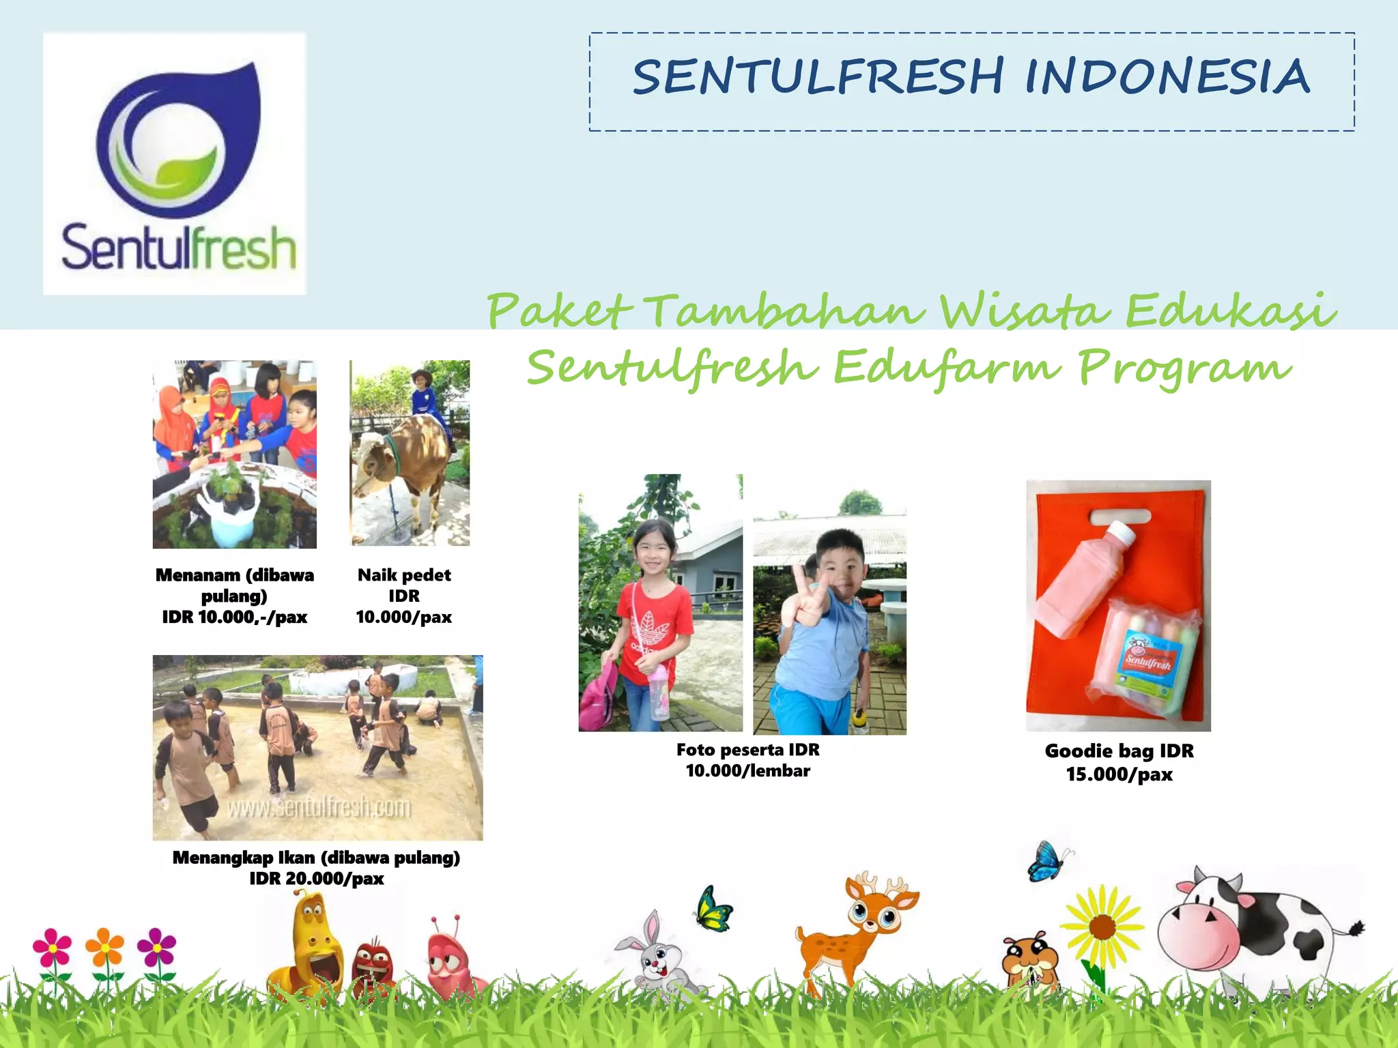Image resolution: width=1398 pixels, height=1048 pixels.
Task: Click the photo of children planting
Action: point(234,454)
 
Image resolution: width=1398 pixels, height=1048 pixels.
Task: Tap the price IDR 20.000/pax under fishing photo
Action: point(316,879)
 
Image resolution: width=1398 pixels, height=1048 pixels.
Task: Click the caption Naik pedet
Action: point(404,575)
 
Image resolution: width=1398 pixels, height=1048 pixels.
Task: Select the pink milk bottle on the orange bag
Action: point(1085,580)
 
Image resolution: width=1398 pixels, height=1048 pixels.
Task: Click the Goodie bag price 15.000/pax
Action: point(1119,774)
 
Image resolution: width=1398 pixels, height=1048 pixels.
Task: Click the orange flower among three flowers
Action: point(104,948)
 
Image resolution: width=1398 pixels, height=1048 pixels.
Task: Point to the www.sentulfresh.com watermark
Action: point(319,808)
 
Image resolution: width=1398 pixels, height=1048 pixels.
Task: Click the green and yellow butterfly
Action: point(713,909)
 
